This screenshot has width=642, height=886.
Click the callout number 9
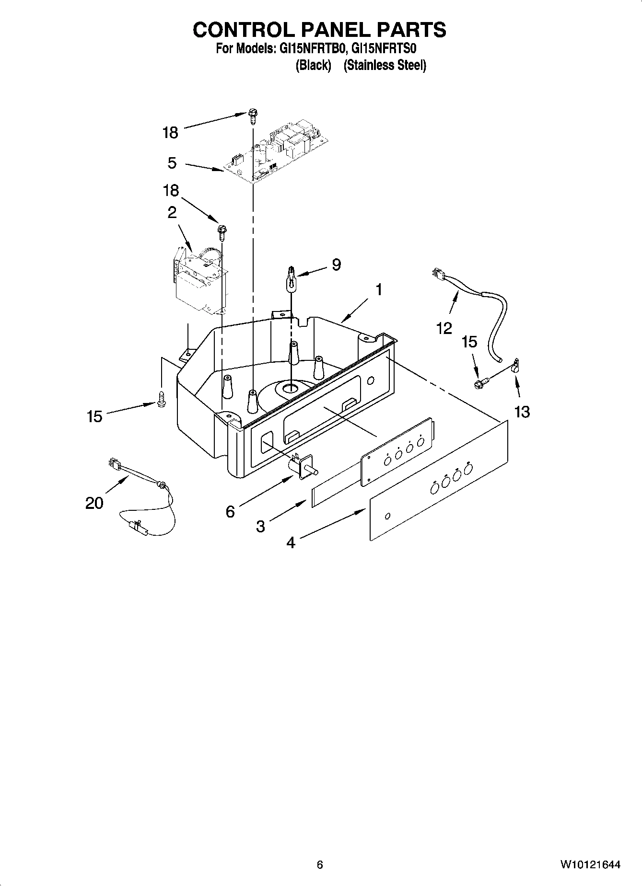(336, 265)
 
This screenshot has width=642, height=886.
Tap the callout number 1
(379, 290)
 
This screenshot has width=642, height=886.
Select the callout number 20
(94, 503)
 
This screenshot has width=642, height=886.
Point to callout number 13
(522, 412)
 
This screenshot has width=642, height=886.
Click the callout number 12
(444, 328)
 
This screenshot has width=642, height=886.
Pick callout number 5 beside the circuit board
(172, 163)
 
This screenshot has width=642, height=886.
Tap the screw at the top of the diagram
(253, 115)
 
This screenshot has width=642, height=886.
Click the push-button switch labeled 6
(301, 465)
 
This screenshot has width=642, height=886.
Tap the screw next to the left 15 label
(161, 399)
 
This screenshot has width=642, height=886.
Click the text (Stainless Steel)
(385, 65)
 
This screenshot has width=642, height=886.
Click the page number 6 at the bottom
(320, 865)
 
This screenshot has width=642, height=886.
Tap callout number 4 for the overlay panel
(291, 542)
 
